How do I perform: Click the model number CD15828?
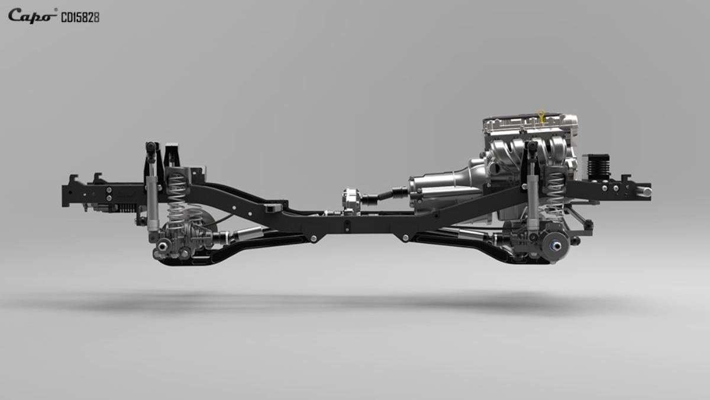tap(80, 18)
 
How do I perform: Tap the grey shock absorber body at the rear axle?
tap(152, 206)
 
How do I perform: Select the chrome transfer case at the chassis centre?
tap(351, 199)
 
